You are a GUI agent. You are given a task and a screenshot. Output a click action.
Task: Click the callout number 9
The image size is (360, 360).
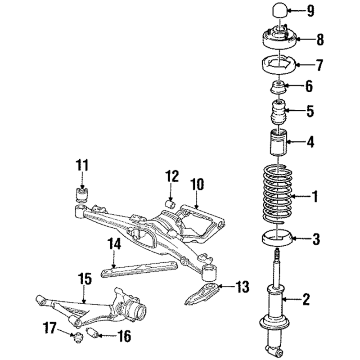pos(310,10)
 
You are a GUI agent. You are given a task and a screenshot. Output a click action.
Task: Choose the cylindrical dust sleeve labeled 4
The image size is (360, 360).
pos(278,142)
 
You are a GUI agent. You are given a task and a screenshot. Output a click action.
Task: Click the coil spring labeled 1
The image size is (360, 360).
pos(278,194)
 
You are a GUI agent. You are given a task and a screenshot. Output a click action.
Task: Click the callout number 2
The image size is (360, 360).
pos(306,299)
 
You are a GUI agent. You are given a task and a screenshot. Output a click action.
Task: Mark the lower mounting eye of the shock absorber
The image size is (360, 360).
pos(275,351)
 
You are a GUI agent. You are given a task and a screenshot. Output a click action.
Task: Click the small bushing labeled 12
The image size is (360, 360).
pos(170,204)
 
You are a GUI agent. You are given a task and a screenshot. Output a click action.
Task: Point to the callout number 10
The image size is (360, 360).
pos(197,184)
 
